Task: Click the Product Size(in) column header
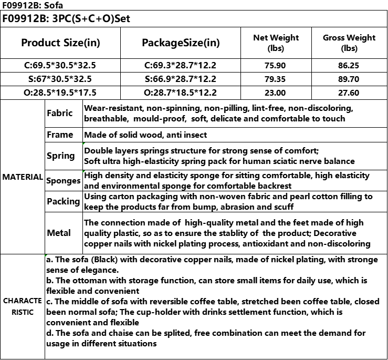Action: [60, 43]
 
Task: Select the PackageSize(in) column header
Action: [181, 43]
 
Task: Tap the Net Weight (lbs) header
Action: [276, 43]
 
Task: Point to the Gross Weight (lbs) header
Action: [349, 43]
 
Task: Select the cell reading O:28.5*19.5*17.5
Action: [60, 93]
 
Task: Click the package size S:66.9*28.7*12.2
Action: [181, 79]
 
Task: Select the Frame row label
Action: [60, 135]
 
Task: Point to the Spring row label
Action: [61, 156]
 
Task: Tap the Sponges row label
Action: [64, 181]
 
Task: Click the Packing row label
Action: [63, 201]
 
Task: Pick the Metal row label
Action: [59, 233]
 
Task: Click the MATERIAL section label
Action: [23, 177]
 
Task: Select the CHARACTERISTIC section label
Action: [23, 306]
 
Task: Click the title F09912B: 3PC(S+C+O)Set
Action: [66, 19]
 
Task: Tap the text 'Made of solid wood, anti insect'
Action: [145, 135]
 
